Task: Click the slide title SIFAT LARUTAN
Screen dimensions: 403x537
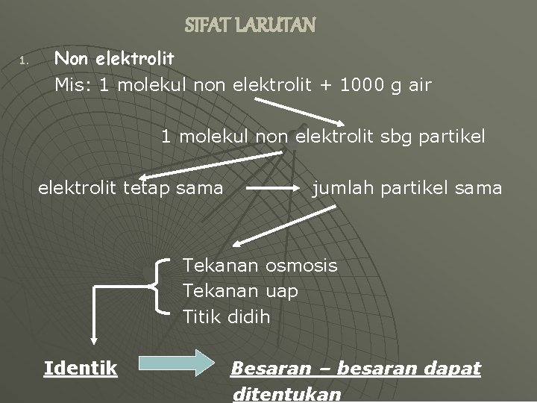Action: tap(251, 25)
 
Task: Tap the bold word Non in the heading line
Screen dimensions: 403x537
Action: tap(71, 57)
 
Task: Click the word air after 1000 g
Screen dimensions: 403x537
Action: tap(418, 85)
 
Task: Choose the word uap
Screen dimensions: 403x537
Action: tap(281, 291)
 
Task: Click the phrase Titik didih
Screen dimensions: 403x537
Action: tap(227, 316)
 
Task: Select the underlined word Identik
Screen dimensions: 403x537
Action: tap(81, 368)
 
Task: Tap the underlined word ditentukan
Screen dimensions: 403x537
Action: tap(287, 394)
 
